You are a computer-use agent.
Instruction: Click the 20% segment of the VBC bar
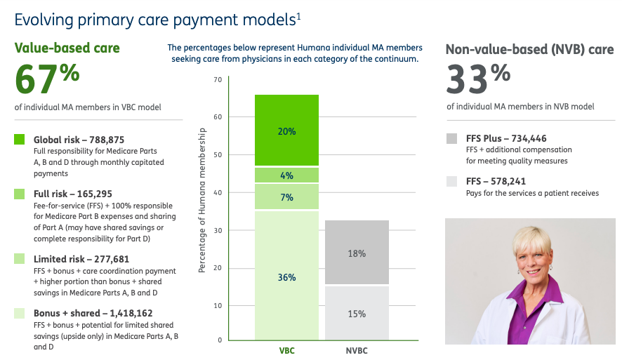tap(286, 130)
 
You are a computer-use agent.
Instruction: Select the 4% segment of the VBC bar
tap(286, 175)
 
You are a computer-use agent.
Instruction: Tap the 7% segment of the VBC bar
tap(286, 196)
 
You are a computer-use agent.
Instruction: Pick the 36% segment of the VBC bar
tap(286, 276)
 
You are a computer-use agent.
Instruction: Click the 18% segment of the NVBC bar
tap(357, 252)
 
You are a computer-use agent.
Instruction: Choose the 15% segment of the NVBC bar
tap(357, 313)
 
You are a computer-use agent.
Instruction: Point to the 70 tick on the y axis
tap(218, 80)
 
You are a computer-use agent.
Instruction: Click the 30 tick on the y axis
tap(218, 230)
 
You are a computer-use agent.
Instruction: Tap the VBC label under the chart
tap(287, 351)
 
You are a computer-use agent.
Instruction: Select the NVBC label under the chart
tap(357, 351)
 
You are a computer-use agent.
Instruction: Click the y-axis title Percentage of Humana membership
tap(202, 200)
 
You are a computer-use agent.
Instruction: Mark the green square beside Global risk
tap(20, 139)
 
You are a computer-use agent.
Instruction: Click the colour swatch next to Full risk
tap(20, 194)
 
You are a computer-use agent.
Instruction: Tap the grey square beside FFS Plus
tap(451, 138)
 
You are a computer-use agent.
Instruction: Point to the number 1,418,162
tap(131, 314)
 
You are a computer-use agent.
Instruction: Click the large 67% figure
tap(47, 79)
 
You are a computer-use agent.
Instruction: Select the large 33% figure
tap(478, 79)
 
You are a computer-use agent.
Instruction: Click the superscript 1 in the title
tap(298, 16)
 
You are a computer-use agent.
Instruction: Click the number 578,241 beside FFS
tap(508, 181)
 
